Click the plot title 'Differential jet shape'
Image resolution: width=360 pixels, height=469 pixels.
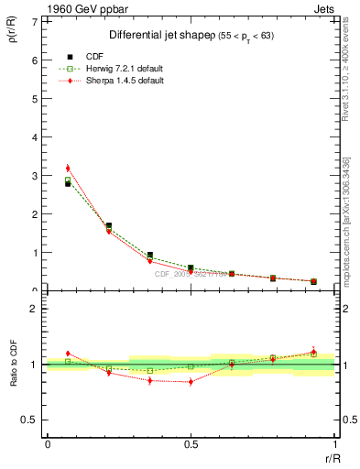point(163,34)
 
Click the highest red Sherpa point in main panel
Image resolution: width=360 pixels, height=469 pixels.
point(68,168)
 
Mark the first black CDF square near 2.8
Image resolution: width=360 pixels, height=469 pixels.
point(68,183)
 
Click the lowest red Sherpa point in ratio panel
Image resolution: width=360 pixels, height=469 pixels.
point(191,381)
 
